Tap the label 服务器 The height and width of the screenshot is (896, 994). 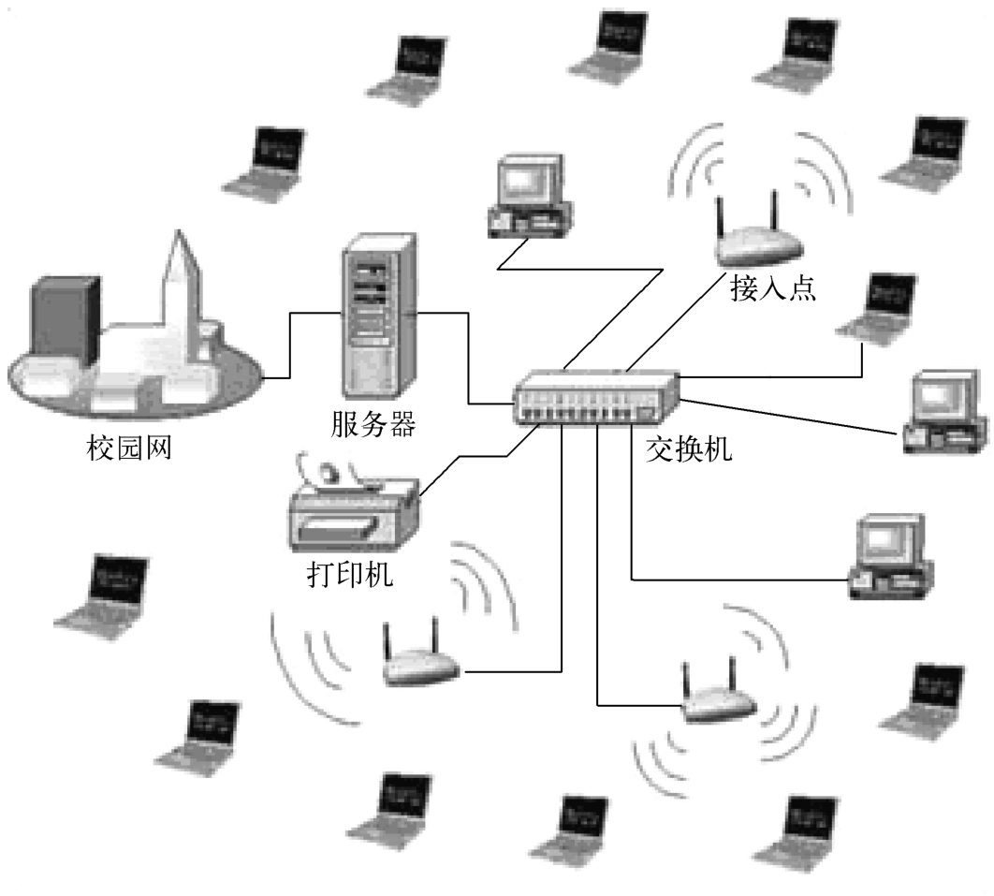[x=373, y=425]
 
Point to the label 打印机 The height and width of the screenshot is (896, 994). [x=350, y=572]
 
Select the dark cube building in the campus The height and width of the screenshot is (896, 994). [x=66, y=318]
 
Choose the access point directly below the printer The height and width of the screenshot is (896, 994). [x=419, y=660]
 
